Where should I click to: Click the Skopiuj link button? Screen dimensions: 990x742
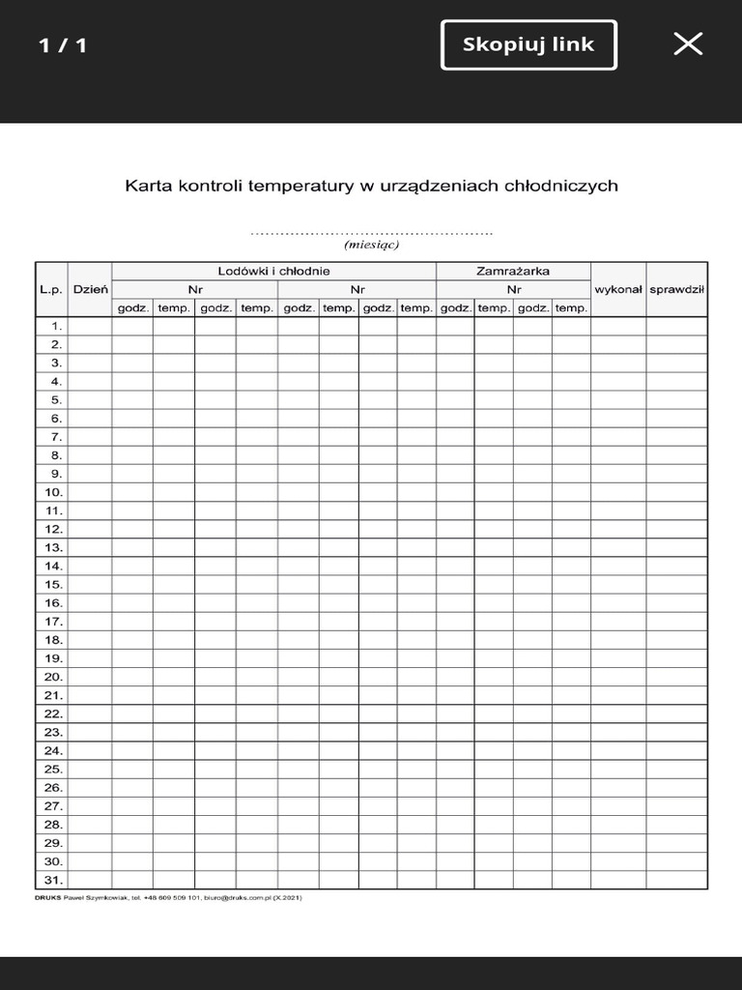click(x=528, y=44)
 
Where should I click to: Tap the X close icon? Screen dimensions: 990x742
click(x=688, y=44)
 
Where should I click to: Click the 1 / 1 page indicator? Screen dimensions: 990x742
click(x=63, y=45)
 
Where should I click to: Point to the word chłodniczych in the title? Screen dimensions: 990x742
click(x=560, y=186)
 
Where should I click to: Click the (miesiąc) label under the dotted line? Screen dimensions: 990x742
click(x=371, y=245)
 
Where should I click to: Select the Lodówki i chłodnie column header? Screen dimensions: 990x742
click(x=273, y=271)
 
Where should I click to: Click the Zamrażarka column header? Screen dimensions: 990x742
click(x=513, y=271)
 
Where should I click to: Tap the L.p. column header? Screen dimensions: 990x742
click(x=51, y=289)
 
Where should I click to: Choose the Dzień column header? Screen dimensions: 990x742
click(x=90, y=289)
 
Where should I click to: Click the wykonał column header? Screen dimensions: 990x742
click(x=618, y=289)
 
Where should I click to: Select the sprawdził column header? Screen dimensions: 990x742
click(x=676, y=289)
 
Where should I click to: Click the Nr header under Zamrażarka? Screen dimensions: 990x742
click(x=513, y=289)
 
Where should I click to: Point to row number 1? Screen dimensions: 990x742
click(x=56, y=326)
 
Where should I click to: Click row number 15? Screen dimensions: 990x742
click(x=53, y=584)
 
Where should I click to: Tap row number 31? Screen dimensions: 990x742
click(x=53, y=880)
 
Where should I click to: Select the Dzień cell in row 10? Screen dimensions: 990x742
click(x=90, y=492)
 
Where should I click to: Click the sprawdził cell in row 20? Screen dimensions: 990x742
click(x=676, y=677)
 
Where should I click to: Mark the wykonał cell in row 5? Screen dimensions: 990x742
click(x=618, y=399)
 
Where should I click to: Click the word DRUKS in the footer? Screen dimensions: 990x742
click(x=47, y=898)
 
